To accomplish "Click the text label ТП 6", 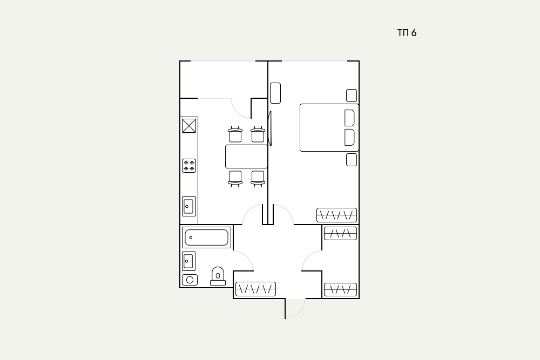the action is tap(407, 33).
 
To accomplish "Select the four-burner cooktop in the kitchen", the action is tap(189, 166).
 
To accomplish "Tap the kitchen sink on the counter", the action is tap(188, 207).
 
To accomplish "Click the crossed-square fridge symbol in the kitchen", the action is tap(189, 126).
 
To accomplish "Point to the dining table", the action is tap(247, 157).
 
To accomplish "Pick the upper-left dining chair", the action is tap(235, 134).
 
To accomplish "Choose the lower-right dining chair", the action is tap(258, 179).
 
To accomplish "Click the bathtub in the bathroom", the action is tap(206, 237).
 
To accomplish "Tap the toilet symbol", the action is tap(218, 276).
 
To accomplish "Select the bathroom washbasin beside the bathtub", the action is tap(188, 261).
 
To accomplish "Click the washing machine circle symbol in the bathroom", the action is tap(190, 280).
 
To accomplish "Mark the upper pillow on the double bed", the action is tap(349, 118).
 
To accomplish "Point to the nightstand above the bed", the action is tap(352, 96).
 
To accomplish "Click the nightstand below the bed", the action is tap(352, 160).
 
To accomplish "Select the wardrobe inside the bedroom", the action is tap(336, 215).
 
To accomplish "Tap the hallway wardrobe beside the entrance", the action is tap(255, 289).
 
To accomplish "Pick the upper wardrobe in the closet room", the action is tap(340, 233).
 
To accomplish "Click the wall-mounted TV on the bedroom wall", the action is tap(270, 128).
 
